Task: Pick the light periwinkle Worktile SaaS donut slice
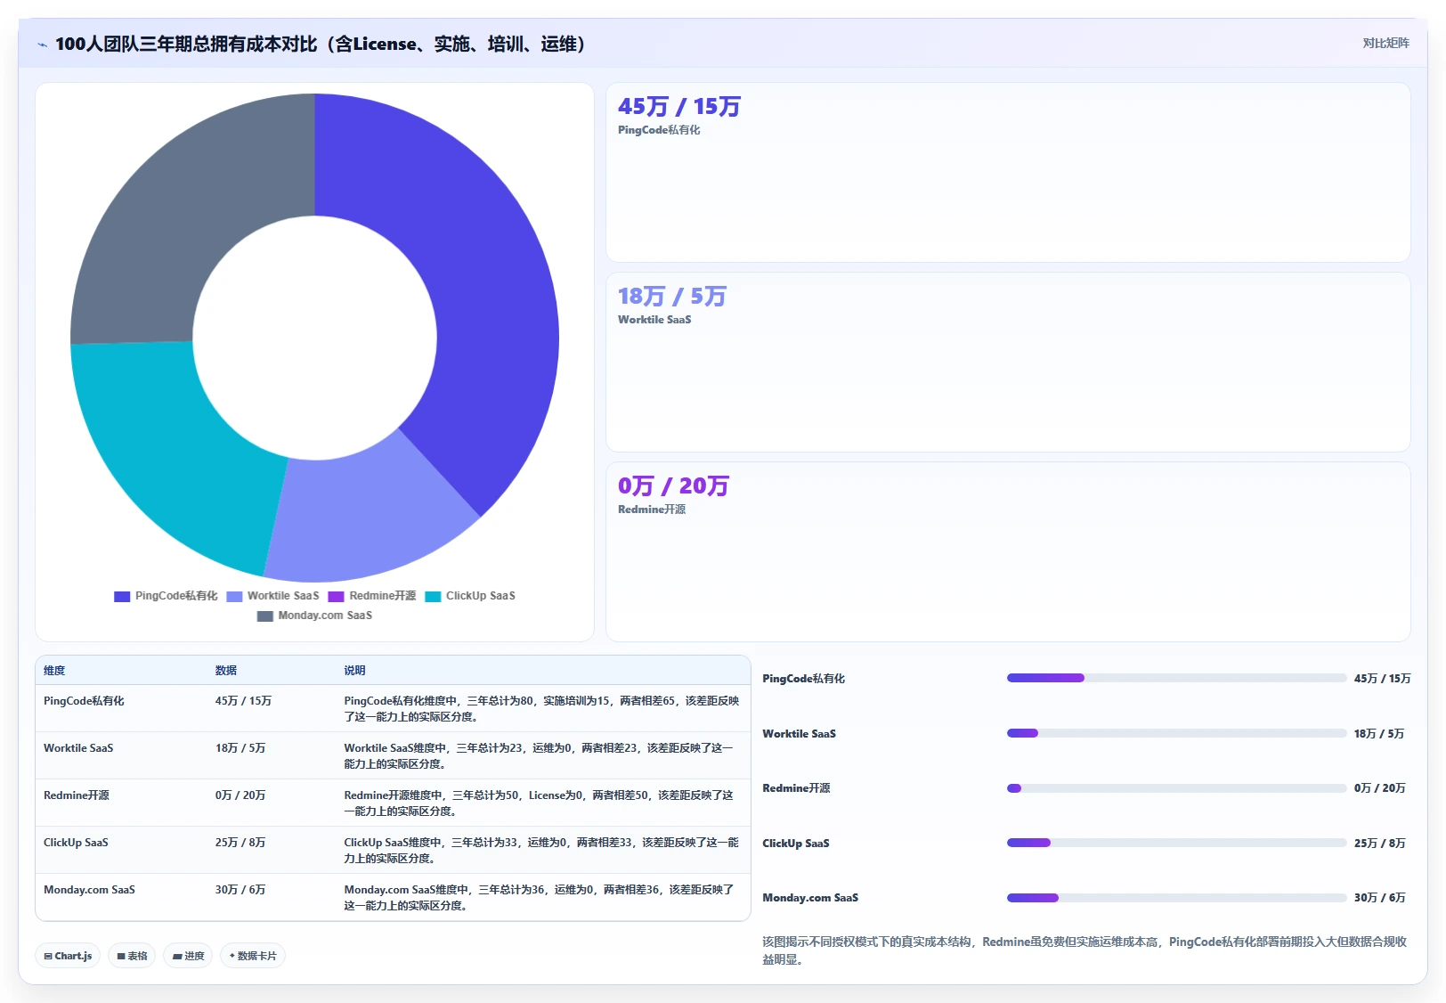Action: point(361,517)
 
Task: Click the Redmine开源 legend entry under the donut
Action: point(372,595)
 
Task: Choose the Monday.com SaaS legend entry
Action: point(314,616)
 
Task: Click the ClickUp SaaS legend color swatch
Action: point(433,596)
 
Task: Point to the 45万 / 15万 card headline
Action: point(679,107)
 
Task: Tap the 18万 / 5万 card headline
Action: point(672,297)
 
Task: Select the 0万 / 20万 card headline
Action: point(673,485)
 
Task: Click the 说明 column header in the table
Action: point(354,671)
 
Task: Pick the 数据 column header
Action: point(226,671)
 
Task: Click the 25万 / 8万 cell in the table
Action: point(240,842)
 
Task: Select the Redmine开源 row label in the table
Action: point(77,795)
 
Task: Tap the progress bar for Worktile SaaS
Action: point(1176,733)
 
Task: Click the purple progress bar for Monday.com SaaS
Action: point(1033,898)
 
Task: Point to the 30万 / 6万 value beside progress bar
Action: point(1379,898)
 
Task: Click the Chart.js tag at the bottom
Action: point(68,956)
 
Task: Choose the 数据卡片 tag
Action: point(252,956)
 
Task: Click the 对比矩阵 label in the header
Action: point(1386,44)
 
